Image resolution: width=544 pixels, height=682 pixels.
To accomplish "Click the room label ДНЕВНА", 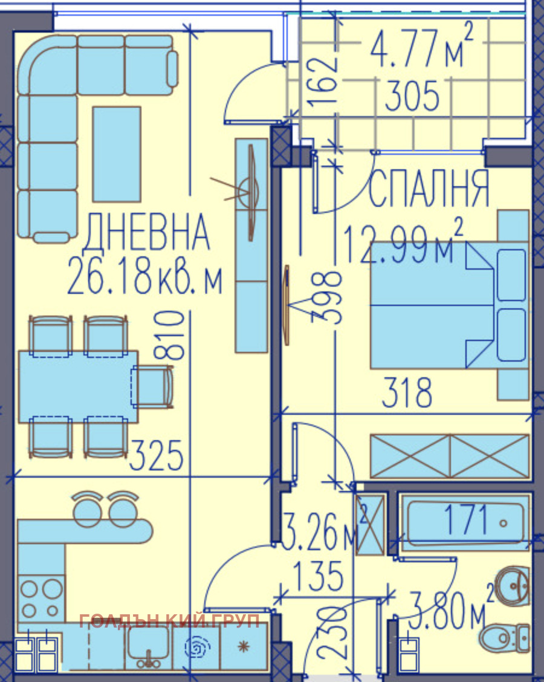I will tap(147, 233).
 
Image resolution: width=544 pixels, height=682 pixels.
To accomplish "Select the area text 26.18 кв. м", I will tap(145, 277).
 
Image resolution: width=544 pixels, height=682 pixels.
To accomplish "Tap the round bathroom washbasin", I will tap(511, 583).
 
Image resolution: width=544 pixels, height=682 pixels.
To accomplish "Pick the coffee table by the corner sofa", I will tap(117, 154).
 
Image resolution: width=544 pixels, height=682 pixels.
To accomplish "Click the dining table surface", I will tap(76, 386).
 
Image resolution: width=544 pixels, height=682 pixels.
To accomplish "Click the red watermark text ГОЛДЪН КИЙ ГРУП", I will tap(169, 620).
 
